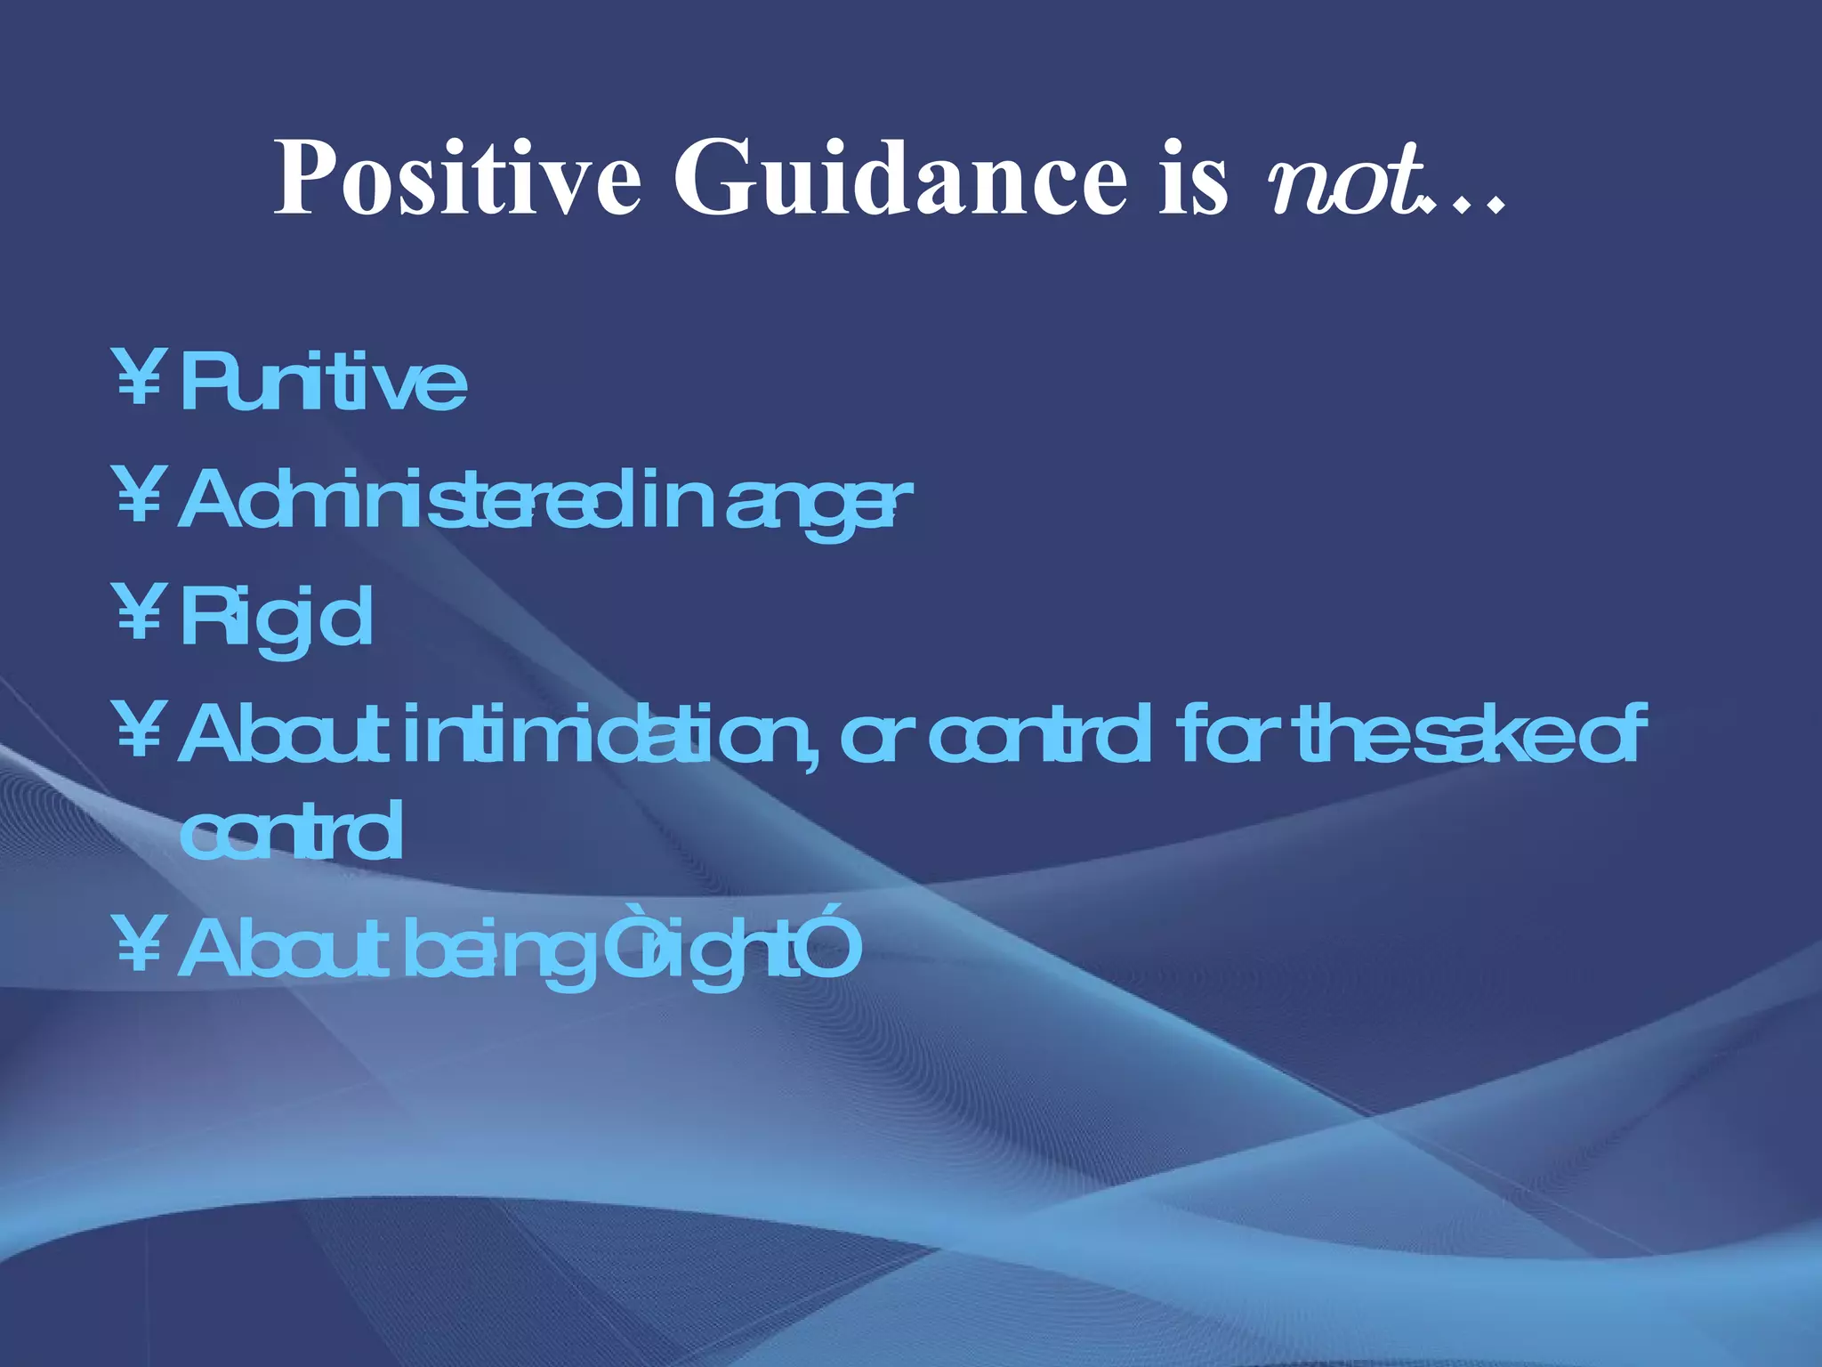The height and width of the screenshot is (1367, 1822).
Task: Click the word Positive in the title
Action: [x=456, y=178]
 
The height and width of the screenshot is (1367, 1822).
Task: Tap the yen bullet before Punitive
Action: [x=139, y=378]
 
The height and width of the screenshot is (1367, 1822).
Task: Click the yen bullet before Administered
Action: [x=139, y=496]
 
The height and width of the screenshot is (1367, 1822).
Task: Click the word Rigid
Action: [x=276, y=619]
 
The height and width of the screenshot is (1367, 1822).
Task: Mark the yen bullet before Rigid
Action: [x=139, y=613]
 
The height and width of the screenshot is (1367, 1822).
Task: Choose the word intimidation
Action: [x=604, y=735]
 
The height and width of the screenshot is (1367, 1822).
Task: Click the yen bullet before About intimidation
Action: [x=139, y=731]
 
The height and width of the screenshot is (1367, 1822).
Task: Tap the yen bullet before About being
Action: [x=139, y=945]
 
